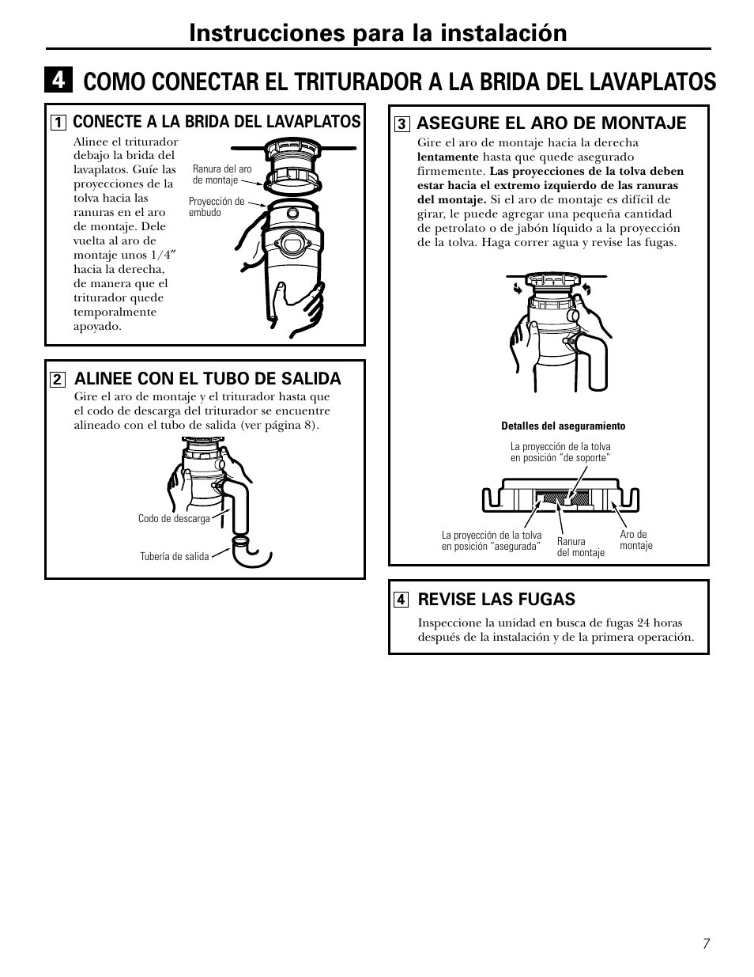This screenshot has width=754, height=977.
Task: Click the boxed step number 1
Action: click(x=58, y=123)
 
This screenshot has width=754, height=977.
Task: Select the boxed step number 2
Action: click(x=58, y=379)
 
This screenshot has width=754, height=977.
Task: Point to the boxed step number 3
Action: click(x=402, y=123)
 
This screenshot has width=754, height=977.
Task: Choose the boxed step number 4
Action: click(x=402, y=600)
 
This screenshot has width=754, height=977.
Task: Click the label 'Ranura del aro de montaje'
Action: click(x=222, y=175)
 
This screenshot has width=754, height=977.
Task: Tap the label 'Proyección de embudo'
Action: click(x=216, y=207)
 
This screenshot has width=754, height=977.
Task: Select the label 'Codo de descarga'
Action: click(x=174, y=519)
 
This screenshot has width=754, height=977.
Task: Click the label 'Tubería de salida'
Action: click(x=174, y=557)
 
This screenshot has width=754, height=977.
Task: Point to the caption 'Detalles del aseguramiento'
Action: click(x=563, y=426)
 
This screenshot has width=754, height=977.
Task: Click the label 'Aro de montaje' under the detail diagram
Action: click(x=635, y=540)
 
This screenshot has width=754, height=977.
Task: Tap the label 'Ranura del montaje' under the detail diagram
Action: click(x=580, y=547)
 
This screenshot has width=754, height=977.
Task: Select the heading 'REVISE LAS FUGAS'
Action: click(x=496, y=600)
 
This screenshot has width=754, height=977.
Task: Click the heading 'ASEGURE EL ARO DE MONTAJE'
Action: click(x=551, y=123)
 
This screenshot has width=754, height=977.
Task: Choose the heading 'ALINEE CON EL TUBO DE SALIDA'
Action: click(x=207, y=379)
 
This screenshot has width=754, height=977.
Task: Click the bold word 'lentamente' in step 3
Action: click(x=447, y=157)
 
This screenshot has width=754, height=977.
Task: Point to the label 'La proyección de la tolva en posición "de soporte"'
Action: click(x=560, y=453)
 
